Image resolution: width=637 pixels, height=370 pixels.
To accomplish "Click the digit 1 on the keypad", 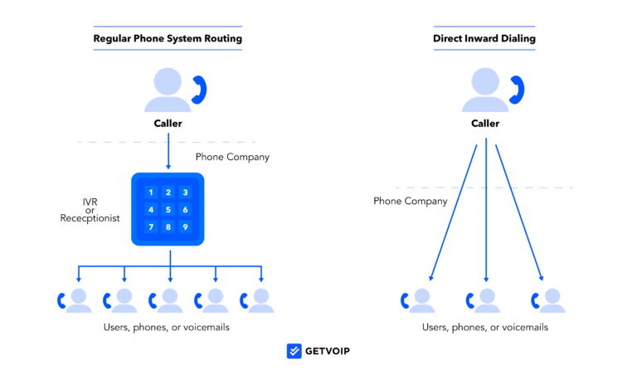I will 151,192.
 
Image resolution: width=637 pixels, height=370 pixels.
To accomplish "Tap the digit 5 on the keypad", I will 168,210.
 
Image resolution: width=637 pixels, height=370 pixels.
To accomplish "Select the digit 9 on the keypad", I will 185,227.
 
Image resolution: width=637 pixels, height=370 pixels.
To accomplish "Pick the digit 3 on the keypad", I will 185,192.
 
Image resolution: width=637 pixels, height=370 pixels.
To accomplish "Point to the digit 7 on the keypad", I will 151,227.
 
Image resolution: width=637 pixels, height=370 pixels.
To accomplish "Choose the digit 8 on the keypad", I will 168,227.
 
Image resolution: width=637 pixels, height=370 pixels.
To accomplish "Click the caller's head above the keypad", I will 168,81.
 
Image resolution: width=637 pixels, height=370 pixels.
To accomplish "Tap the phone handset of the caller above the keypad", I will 199,90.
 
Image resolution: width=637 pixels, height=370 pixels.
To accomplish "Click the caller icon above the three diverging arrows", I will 486,90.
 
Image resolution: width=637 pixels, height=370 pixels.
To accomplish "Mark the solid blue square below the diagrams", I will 294,351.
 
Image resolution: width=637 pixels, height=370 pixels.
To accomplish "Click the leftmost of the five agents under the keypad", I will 77,300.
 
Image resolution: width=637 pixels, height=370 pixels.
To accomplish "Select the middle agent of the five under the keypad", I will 168,300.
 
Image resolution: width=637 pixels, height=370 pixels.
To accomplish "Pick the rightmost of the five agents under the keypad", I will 260,300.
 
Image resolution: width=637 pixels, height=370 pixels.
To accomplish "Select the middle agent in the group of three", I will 485,300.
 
